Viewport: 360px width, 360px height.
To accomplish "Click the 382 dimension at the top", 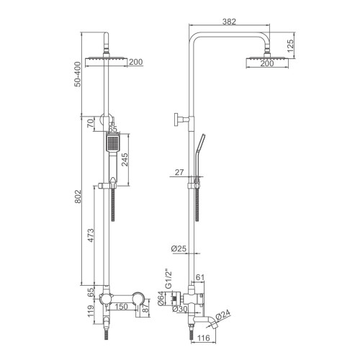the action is point(229,22).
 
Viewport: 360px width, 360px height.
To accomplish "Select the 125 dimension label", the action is point(290,46).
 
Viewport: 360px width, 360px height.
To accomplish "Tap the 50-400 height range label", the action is point(78,74).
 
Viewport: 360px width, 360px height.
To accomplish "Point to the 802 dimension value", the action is point(78,197).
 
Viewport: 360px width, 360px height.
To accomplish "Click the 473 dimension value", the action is point(91,235).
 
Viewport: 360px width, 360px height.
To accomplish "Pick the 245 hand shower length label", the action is point(125,160).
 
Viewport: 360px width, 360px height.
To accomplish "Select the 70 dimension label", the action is point(90,123).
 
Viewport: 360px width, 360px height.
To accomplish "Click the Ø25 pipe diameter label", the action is point(179,248).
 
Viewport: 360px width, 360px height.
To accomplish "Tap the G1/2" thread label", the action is point(169,280).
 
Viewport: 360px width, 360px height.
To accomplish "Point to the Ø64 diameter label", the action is point(161,298).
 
